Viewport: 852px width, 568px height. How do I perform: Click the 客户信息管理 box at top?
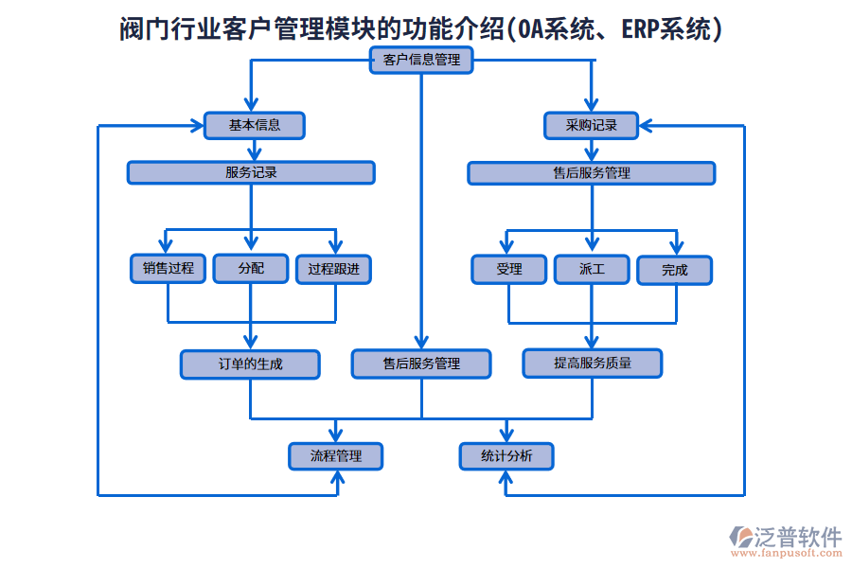coord(421,61)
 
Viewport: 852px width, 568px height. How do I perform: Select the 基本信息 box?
coord(255,125)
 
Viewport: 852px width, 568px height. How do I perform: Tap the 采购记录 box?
coord(592,125)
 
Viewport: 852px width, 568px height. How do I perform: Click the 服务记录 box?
coord(251,172)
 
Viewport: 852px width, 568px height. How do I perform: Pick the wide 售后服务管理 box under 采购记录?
coord(592,173)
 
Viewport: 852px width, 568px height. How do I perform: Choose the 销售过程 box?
coord(168,269)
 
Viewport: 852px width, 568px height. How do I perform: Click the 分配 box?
coord(251,269)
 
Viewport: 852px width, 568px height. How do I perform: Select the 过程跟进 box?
coord(333,269)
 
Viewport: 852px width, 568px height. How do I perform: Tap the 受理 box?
coord(509,270)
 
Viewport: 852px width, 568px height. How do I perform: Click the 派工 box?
coord(592,270)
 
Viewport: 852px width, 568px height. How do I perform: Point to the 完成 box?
coord(674,271)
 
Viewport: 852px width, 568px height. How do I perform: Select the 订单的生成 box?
coord(250,364)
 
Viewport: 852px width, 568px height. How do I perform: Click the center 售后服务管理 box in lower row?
coord(421,364)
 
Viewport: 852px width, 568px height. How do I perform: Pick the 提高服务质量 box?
coord(593,363)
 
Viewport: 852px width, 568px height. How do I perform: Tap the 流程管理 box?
coord(336,456)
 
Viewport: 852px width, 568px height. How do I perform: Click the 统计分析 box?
coord(506,456)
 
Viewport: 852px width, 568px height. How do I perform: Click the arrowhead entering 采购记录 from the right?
coord(648,125)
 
